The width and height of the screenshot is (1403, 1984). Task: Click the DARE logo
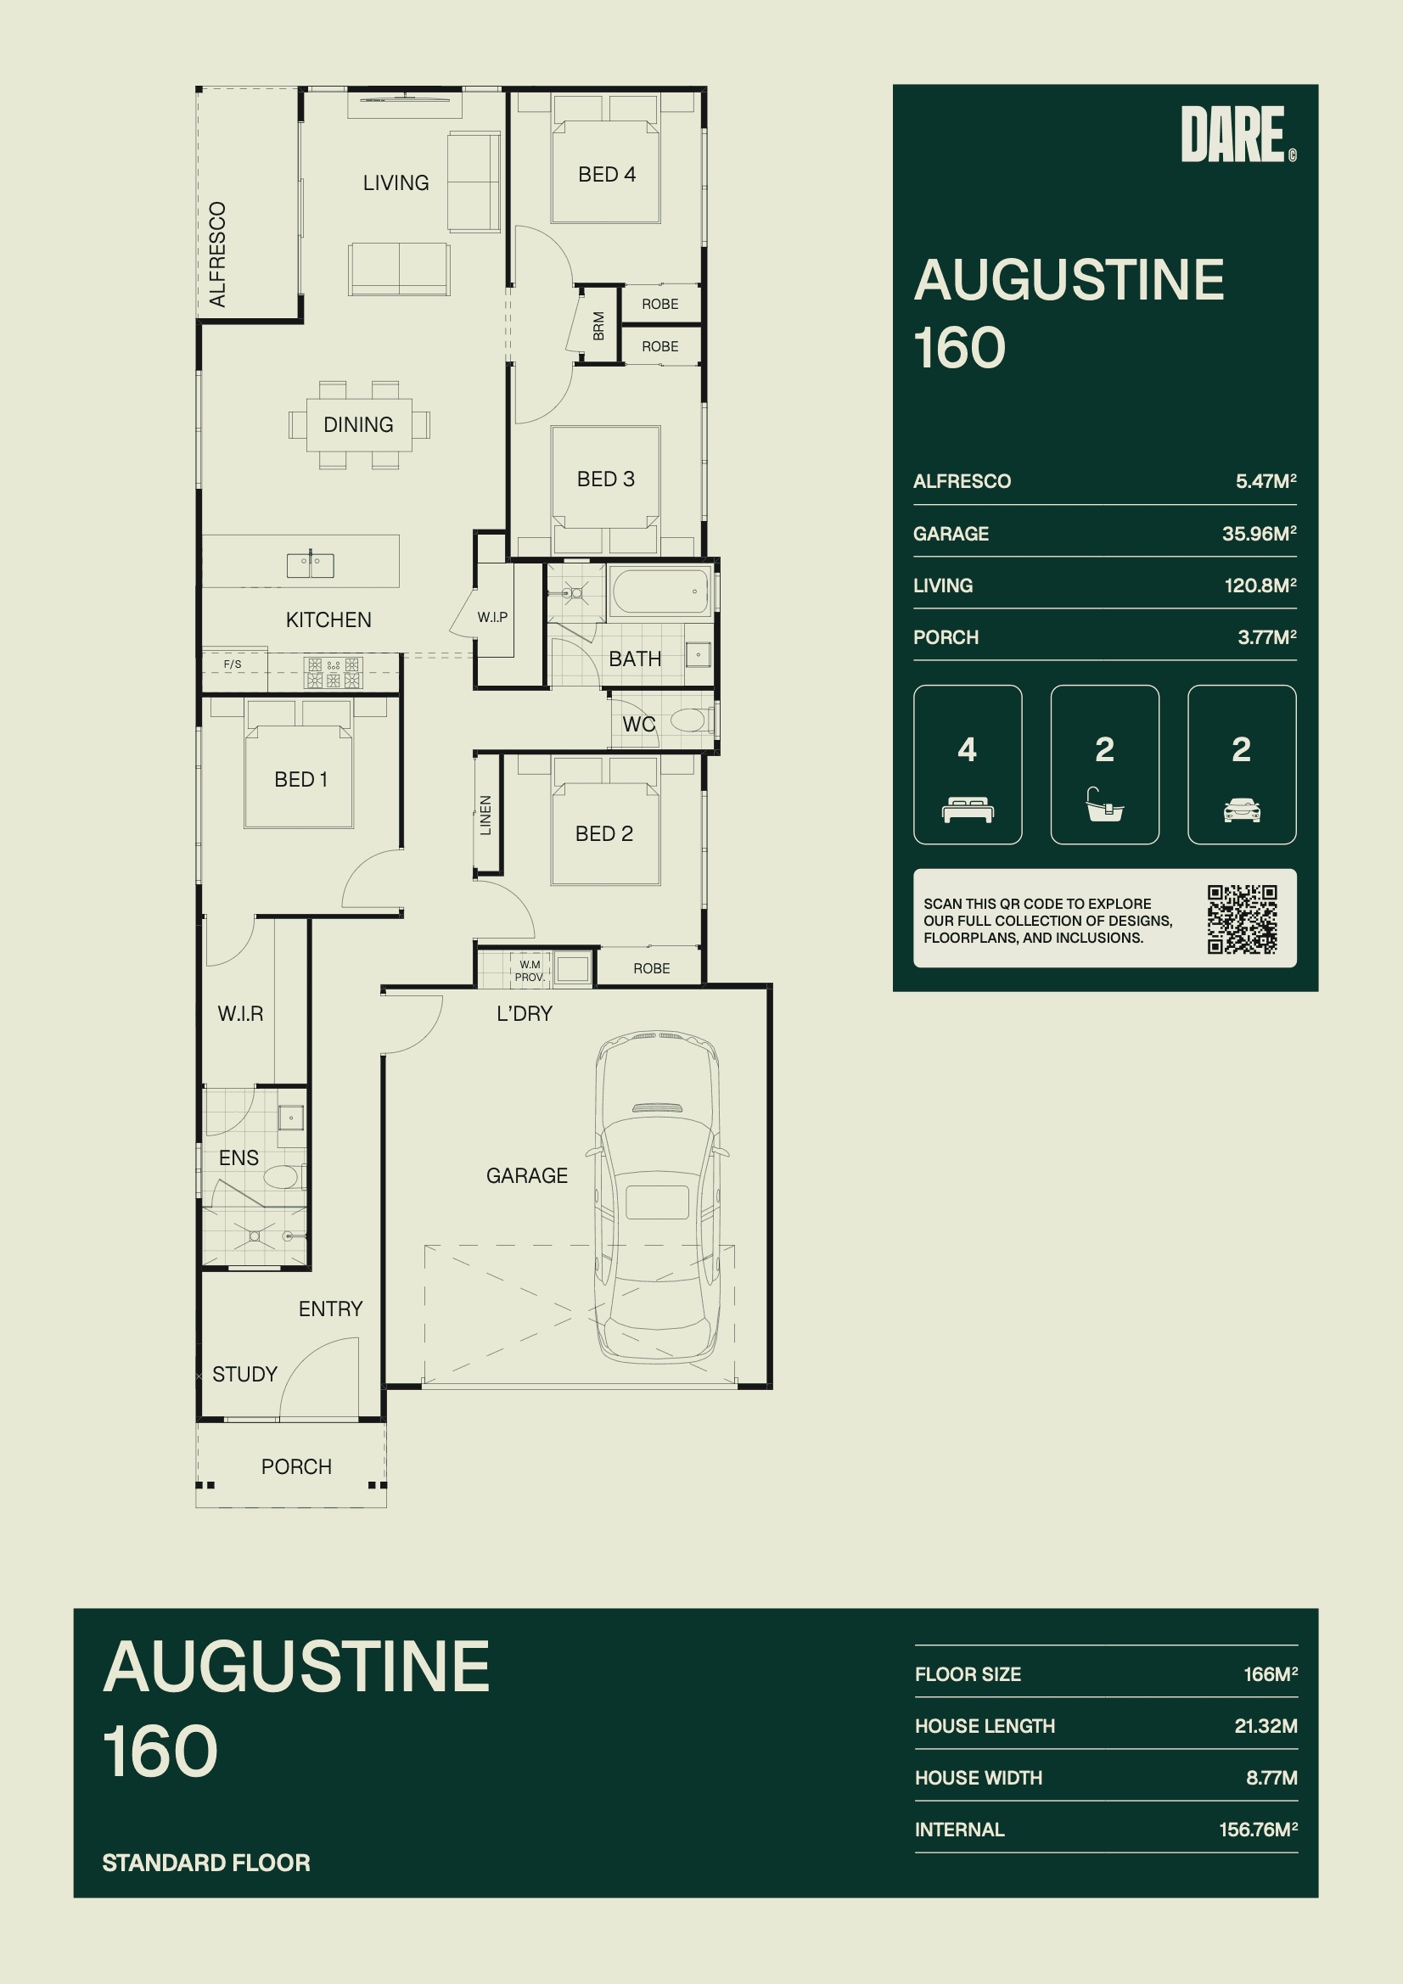(x=1237, y=134)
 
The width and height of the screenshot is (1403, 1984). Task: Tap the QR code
(x=1243, y=918)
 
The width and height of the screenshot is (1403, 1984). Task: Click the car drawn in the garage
(x=657, y=1197)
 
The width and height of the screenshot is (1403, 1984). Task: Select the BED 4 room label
(x=607, y=175)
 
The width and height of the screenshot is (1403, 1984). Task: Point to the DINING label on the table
(x=358, y=424)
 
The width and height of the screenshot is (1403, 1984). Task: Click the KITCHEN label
(x=328, y=619)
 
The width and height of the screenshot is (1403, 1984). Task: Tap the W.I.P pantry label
(x=493, y=617)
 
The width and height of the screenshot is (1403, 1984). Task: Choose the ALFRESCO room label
(x=218, y=254)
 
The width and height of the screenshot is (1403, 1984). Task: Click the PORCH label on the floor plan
(x=296, y=1466)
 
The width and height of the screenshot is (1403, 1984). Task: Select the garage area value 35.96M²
(x=1259, y=533)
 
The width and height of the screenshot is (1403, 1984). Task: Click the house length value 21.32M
(x=1266, y=1726)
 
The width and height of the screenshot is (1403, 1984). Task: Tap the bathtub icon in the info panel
(x=1105, y=804)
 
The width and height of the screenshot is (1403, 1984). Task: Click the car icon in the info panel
(x=1242, y=810)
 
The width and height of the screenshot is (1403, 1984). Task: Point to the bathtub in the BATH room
(x=660, y=591)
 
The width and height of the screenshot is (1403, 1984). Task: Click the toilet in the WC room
(x=692, y=719)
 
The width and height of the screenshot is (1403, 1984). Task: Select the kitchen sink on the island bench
(x=311, y=565)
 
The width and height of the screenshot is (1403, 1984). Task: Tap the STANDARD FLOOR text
(x=205, y=1862)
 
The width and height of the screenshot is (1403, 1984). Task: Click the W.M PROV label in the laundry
(x=529, y=971)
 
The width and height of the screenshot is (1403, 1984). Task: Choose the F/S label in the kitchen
(x=233, y=664)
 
